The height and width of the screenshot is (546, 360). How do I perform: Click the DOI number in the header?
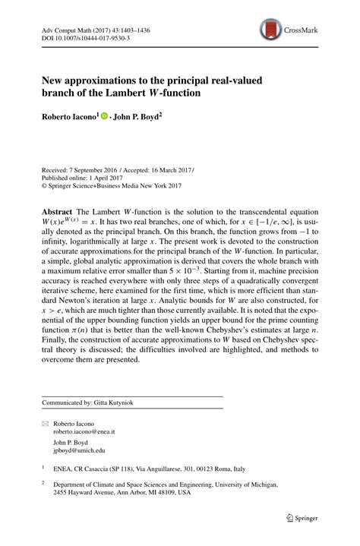click(x=76, y=35)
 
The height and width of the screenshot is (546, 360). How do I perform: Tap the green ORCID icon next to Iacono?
click(x=104, y=116)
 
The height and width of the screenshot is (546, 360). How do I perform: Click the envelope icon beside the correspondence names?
click(x=45, y=421)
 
